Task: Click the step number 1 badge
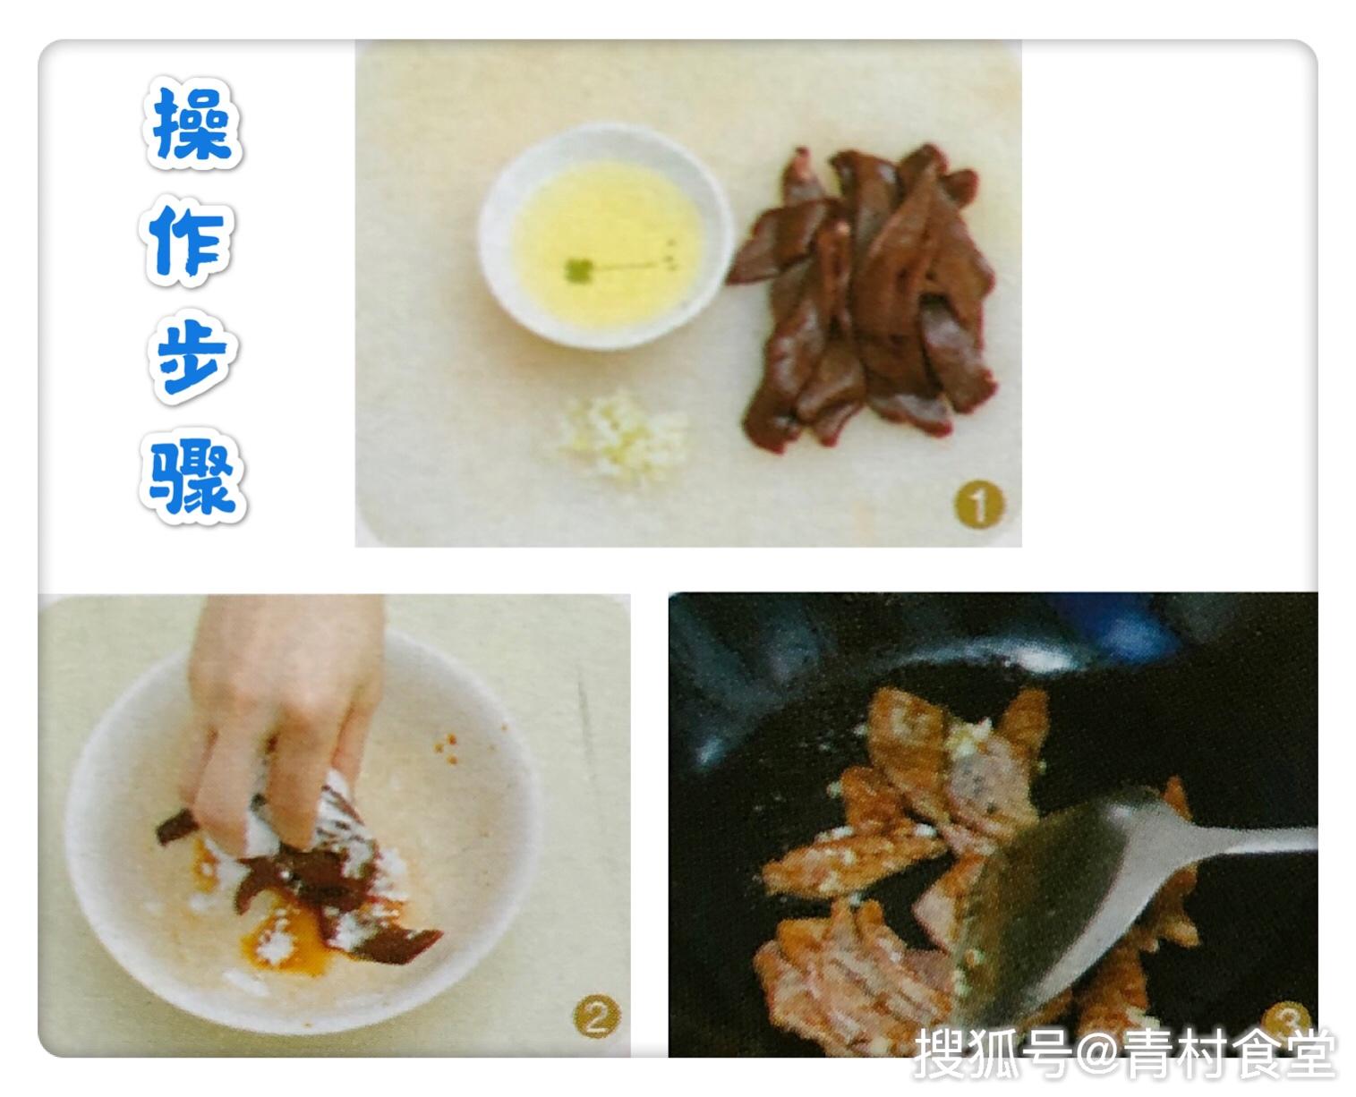978,505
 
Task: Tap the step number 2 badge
596,1016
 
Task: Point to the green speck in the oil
578,270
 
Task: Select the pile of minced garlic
624,436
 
